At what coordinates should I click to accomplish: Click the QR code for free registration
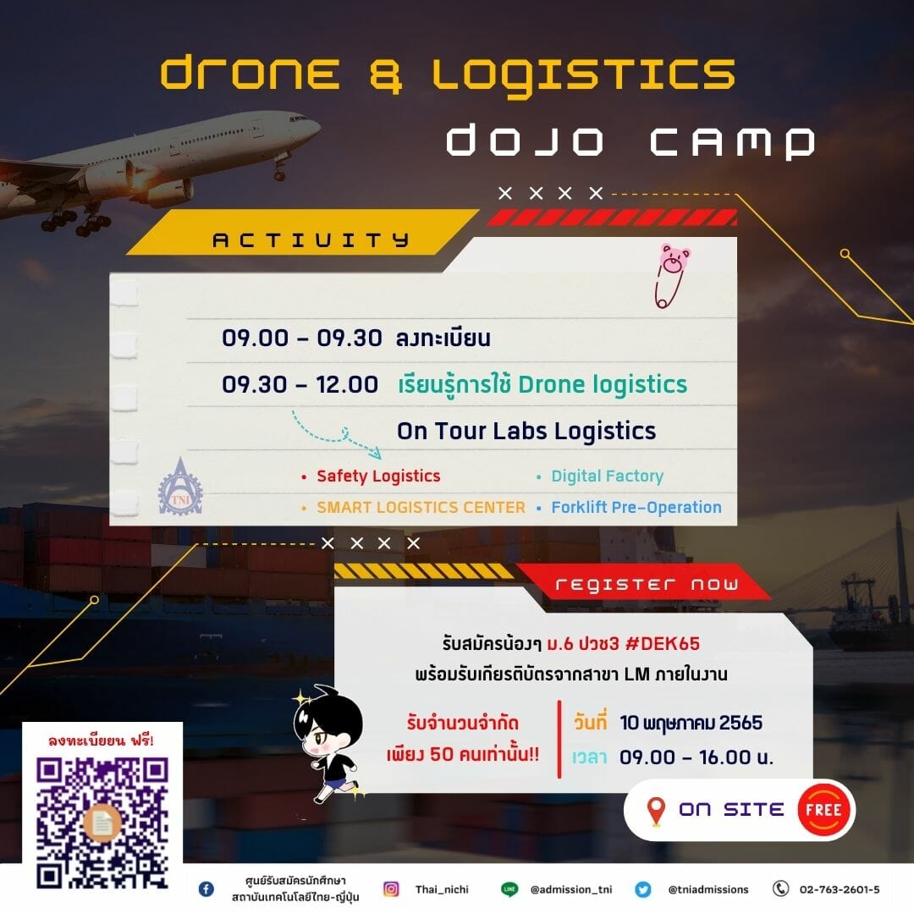102,823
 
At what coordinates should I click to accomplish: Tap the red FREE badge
823,810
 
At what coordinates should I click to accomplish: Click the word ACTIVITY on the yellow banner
311,240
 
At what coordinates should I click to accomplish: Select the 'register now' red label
647,584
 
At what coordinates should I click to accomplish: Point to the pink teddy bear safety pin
671,275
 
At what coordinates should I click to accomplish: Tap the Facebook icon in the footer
206,889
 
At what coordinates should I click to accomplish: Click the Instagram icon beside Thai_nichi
391,889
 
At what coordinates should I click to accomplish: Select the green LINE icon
509,889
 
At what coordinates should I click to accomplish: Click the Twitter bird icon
643,889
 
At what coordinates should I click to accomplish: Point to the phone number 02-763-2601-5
840,889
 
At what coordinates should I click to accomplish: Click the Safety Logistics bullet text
378,476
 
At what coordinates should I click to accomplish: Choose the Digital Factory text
608,476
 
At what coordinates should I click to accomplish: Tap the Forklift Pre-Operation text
636,507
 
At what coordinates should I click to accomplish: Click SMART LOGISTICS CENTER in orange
421,507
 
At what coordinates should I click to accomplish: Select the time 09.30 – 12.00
300,385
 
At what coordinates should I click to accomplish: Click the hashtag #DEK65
662,643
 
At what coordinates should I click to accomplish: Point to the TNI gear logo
180,488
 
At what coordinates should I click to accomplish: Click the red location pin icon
657,811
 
